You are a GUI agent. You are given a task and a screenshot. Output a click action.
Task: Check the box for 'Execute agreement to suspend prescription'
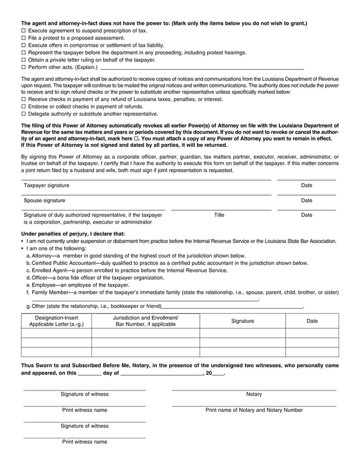coord(24,31)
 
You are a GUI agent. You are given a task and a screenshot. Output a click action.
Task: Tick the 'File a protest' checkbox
coord(24,38)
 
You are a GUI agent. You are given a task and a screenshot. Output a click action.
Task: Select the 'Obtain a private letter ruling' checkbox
coord(24,60)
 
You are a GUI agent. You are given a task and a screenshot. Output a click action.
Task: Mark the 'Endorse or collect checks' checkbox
coord(24,106)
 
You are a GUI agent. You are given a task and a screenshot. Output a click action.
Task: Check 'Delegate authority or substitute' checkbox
coord(24,113)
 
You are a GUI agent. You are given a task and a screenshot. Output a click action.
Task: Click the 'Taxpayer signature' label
coord(46,185)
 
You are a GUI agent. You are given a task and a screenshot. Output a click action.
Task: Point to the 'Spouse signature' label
coord(44,200)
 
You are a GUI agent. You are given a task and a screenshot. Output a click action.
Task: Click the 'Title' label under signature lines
coord(219,215)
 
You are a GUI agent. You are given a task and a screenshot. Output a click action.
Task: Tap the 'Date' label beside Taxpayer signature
coord(306,185)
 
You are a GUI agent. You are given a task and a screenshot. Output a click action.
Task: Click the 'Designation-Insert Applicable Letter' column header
coord(56,322)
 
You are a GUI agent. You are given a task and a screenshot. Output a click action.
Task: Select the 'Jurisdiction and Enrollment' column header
coord(146,322)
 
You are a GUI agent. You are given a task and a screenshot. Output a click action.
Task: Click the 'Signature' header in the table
coord(243,321)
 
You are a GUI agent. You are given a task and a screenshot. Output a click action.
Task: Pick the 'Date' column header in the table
coord(312,321)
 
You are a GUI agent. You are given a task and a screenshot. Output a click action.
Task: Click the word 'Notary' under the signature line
coord(254,394)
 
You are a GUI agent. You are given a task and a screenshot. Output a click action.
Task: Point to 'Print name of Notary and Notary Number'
coord(254,410)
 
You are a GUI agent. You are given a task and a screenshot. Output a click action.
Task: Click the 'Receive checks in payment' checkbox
coord(24,99)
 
